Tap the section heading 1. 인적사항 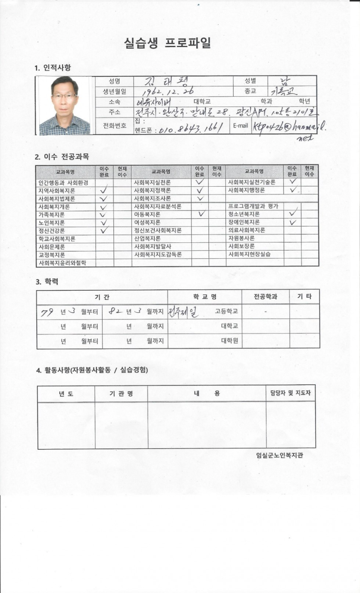pyautogui.click(x=53, y=68)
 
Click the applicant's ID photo pyautogui.click(x=64, y=106)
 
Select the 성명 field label pyautogui.click(x=114, y=81)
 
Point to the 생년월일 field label pyautogui.click(x=114, y=91)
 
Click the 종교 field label pyautogui.click(x=250, y=91)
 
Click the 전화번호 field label pyautogui.click(x=114, y=126)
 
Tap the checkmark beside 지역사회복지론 pyautogui.click(x=104, y=191)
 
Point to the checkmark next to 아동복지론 pyautogui.click(x=200, y=214)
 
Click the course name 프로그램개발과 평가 pyautogui.click(x=253, y=207)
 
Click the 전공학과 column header pyautogui.click(x=266, y=297)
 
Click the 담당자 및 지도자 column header pyautogui.click(x=290, y=393)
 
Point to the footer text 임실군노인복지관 pyautogui.click(x=279, y=455)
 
